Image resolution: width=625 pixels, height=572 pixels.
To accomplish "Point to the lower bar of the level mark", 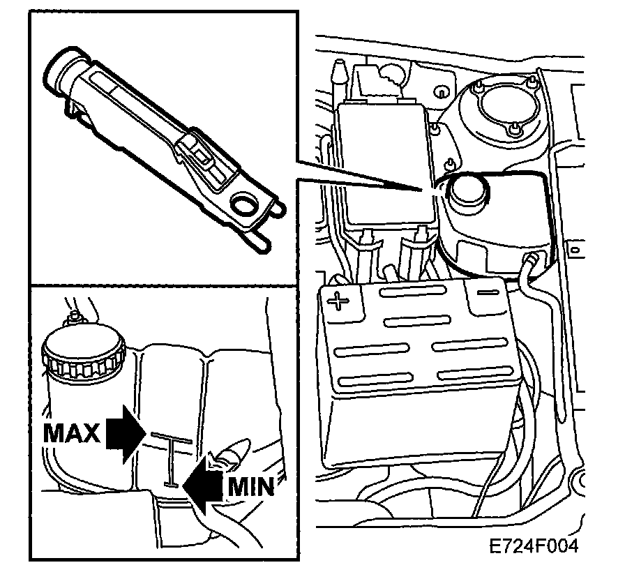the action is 170,481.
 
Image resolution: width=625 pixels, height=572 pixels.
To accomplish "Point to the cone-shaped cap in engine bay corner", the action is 339,70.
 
